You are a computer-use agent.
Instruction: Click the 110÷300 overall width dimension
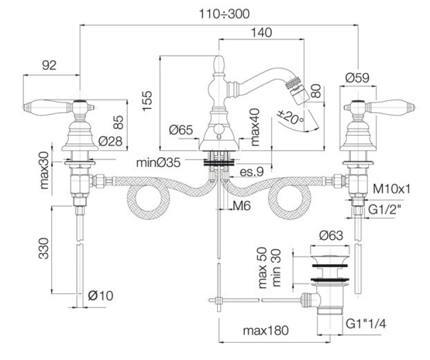(x=224, y=14)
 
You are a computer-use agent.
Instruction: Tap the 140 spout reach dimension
(x=261, y=32)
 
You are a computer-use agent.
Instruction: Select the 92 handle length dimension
(x=50, y=65)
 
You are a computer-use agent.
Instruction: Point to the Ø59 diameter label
(x=357, y=77)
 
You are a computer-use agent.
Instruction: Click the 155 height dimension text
(x=147, y=101)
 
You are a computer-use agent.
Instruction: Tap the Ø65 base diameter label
(x=181, y=129)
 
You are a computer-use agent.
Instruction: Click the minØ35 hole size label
(x=159, y=162)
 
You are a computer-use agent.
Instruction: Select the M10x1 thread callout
(x=391, y=189)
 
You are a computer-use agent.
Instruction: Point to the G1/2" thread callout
(x=384, y=210)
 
